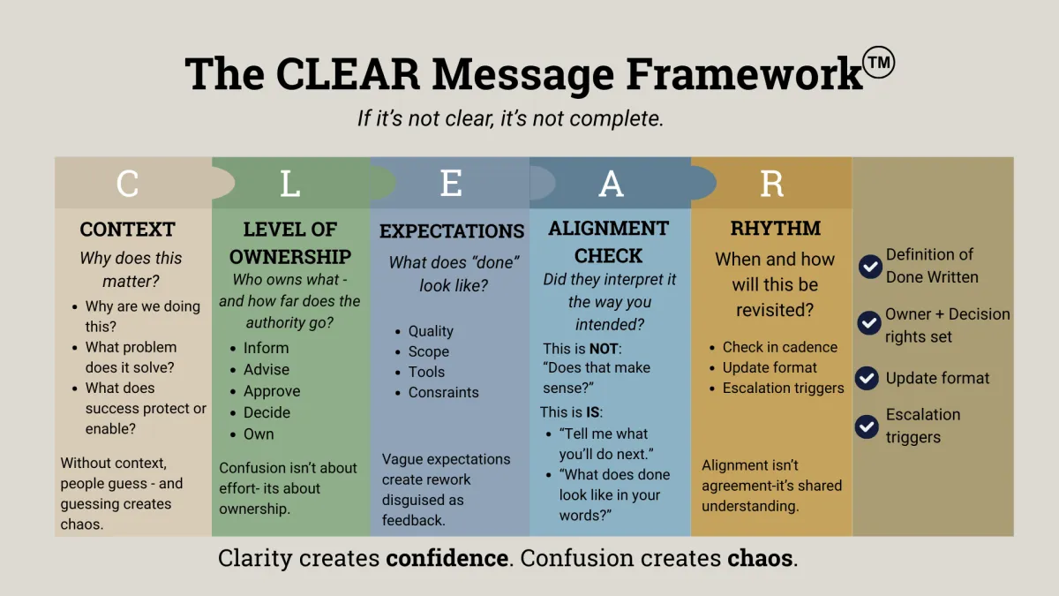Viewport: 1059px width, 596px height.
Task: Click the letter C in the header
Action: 128,184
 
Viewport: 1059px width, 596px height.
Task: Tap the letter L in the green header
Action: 289,184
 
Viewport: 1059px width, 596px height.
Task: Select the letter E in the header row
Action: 450,184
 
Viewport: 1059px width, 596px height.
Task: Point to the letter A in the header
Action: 611,184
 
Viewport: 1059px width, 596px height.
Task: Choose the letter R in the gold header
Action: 771,184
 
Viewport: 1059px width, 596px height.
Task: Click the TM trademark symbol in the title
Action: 879,63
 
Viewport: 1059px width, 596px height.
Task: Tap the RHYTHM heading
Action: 775,229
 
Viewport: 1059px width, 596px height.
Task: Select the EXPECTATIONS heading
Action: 452,231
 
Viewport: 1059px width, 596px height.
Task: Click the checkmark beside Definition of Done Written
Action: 870,266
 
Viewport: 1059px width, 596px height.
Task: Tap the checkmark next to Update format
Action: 870,378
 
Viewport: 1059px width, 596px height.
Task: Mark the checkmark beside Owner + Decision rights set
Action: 870,321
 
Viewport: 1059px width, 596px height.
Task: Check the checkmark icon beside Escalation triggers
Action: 868,426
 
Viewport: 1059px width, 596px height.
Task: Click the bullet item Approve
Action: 272,391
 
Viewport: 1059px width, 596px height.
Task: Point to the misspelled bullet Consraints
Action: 443,392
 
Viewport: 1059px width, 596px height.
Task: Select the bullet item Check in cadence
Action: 779,347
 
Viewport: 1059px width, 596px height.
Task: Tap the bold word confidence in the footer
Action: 447,558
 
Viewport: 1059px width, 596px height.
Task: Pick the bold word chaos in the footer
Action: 760,558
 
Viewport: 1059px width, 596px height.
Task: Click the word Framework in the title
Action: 743,74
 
